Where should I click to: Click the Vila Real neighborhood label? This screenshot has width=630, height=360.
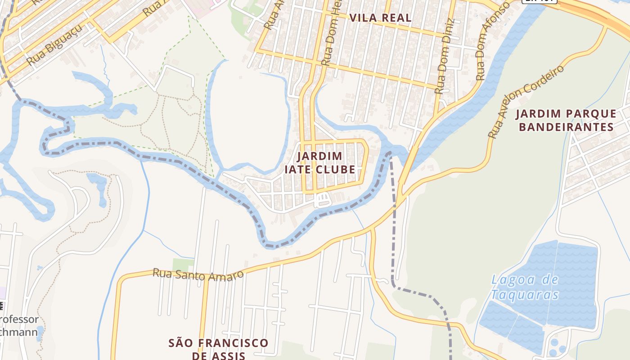[x=380, y=18]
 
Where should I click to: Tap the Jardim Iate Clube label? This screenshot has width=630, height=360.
[x=319, y=163]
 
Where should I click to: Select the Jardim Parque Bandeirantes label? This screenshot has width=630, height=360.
[x=566, y=120]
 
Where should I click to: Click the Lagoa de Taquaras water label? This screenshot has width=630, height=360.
[x=525, y=287]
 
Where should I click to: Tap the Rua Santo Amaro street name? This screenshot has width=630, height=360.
[x=198, y=274]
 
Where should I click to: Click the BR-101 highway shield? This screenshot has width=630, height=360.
[x=540, y=1]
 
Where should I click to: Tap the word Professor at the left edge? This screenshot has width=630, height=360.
[x=19, y=319]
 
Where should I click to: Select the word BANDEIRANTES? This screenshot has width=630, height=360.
[x=566, y=127]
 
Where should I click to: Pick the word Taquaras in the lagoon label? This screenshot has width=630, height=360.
[x=525, y=295]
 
